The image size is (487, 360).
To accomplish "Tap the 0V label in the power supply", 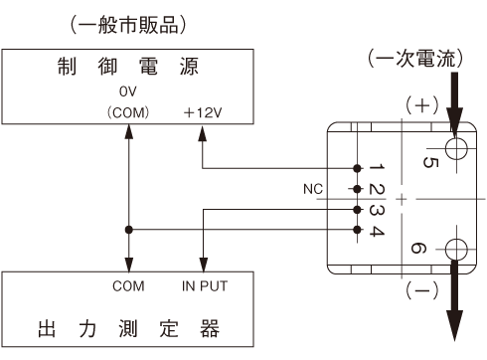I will [x=128, y=91].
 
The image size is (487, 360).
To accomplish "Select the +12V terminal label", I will [x=203, y=111].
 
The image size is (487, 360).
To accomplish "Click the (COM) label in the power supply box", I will [x=128, y=111].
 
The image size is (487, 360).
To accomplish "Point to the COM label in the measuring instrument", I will [x=128, y=285].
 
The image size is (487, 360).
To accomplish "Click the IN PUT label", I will [x=203, y=285].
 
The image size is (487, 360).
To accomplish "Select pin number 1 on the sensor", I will [x=373, y=167].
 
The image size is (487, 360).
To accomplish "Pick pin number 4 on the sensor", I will [x=373, y=231].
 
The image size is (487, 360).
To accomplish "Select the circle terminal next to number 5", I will [x=456, y=149].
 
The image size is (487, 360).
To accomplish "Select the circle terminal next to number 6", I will [x=456, y=250].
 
